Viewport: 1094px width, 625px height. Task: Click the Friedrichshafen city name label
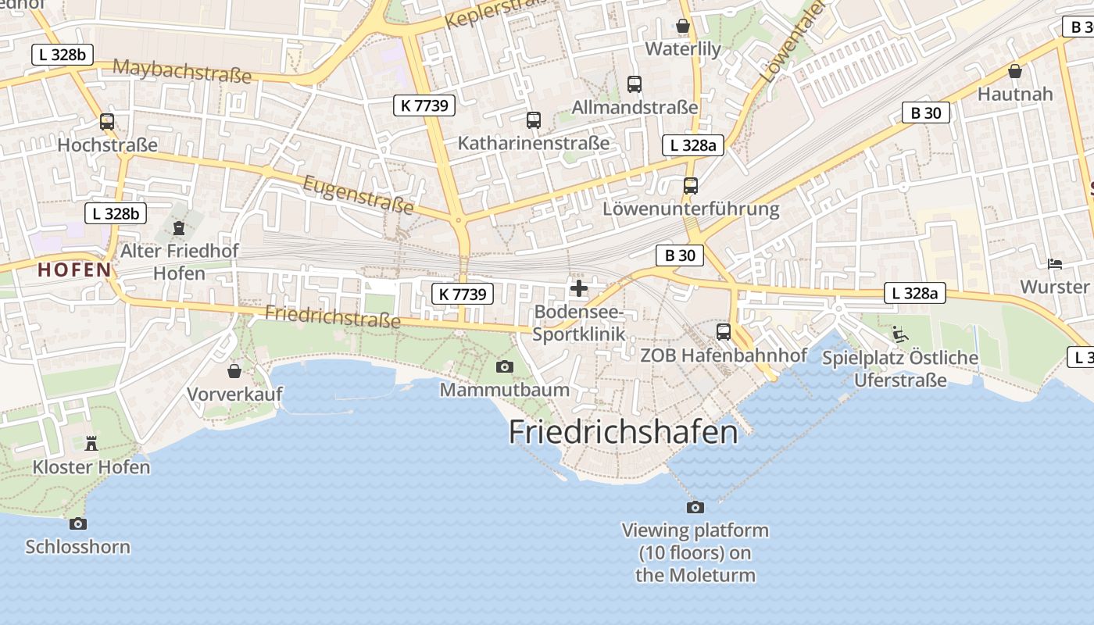[x=623, y=432]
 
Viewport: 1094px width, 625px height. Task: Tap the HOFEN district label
[x=74, y=270]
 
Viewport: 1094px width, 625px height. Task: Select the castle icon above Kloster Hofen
[x=91, y=444]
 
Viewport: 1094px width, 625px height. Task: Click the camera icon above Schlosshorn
[x=77, y=523]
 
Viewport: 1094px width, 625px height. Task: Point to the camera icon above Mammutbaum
[x=505, y=366]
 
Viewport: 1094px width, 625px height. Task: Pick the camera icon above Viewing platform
[x=695, y=507]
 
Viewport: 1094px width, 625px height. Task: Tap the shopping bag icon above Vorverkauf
[x=234, y=370]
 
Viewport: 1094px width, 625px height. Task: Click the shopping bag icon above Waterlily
[x=683, y=26]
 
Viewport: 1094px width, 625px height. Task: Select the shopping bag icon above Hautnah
[x=1015, y=71]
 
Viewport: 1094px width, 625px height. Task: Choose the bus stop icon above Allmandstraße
[x=635, y=84]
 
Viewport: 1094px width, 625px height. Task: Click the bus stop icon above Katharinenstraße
[x=534, y=120]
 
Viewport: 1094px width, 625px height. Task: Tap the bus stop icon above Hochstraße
[x=107, y=122]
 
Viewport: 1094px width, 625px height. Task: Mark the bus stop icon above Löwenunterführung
[x=691, y=186]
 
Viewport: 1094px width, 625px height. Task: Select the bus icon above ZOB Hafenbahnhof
[x=724, y=332]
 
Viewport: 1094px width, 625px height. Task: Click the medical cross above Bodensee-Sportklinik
[x=579, y=289]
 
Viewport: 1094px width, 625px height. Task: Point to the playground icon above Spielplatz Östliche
[x=900, y=334]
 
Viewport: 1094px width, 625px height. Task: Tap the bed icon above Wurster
[x=1055, y=264]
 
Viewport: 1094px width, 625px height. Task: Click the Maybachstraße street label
[x=182, y=70]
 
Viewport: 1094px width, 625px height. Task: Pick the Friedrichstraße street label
[x=333, y=316]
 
